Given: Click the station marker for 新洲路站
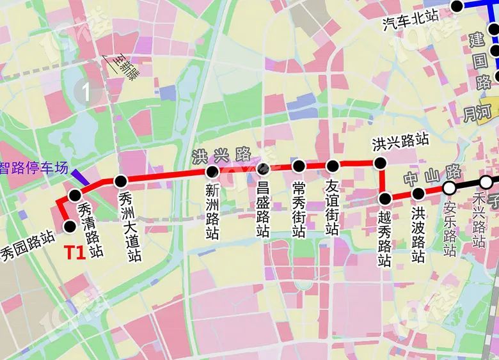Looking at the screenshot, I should [x=212, y=172].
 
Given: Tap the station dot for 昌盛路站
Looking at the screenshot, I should [x=262, y=169].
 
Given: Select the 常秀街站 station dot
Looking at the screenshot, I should [x=299, y=166].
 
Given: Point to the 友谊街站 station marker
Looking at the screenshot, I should [x=333, y=166].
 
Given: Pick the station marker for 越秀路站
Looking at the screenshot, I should [x=385, y=198].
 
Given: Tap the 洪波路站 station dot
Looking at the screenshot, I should [x=418, y=194].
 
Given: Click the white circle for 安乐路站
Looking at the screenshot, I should [x=449, y=187].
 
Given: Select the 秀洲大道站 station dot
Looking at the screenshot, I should [x=120, y=181].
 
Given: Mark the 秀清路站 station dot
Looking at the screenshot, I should [x=75, y=195].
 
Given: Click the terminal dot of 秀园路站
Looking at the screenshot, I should [x=70, y=225].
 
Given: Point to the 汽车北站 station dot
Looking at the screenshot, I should [x=457, y=6].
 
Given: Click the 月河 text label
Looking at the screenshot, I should [x=477, y=113].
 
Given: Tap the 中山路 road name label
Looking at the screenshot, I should [x=432, y=173].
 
